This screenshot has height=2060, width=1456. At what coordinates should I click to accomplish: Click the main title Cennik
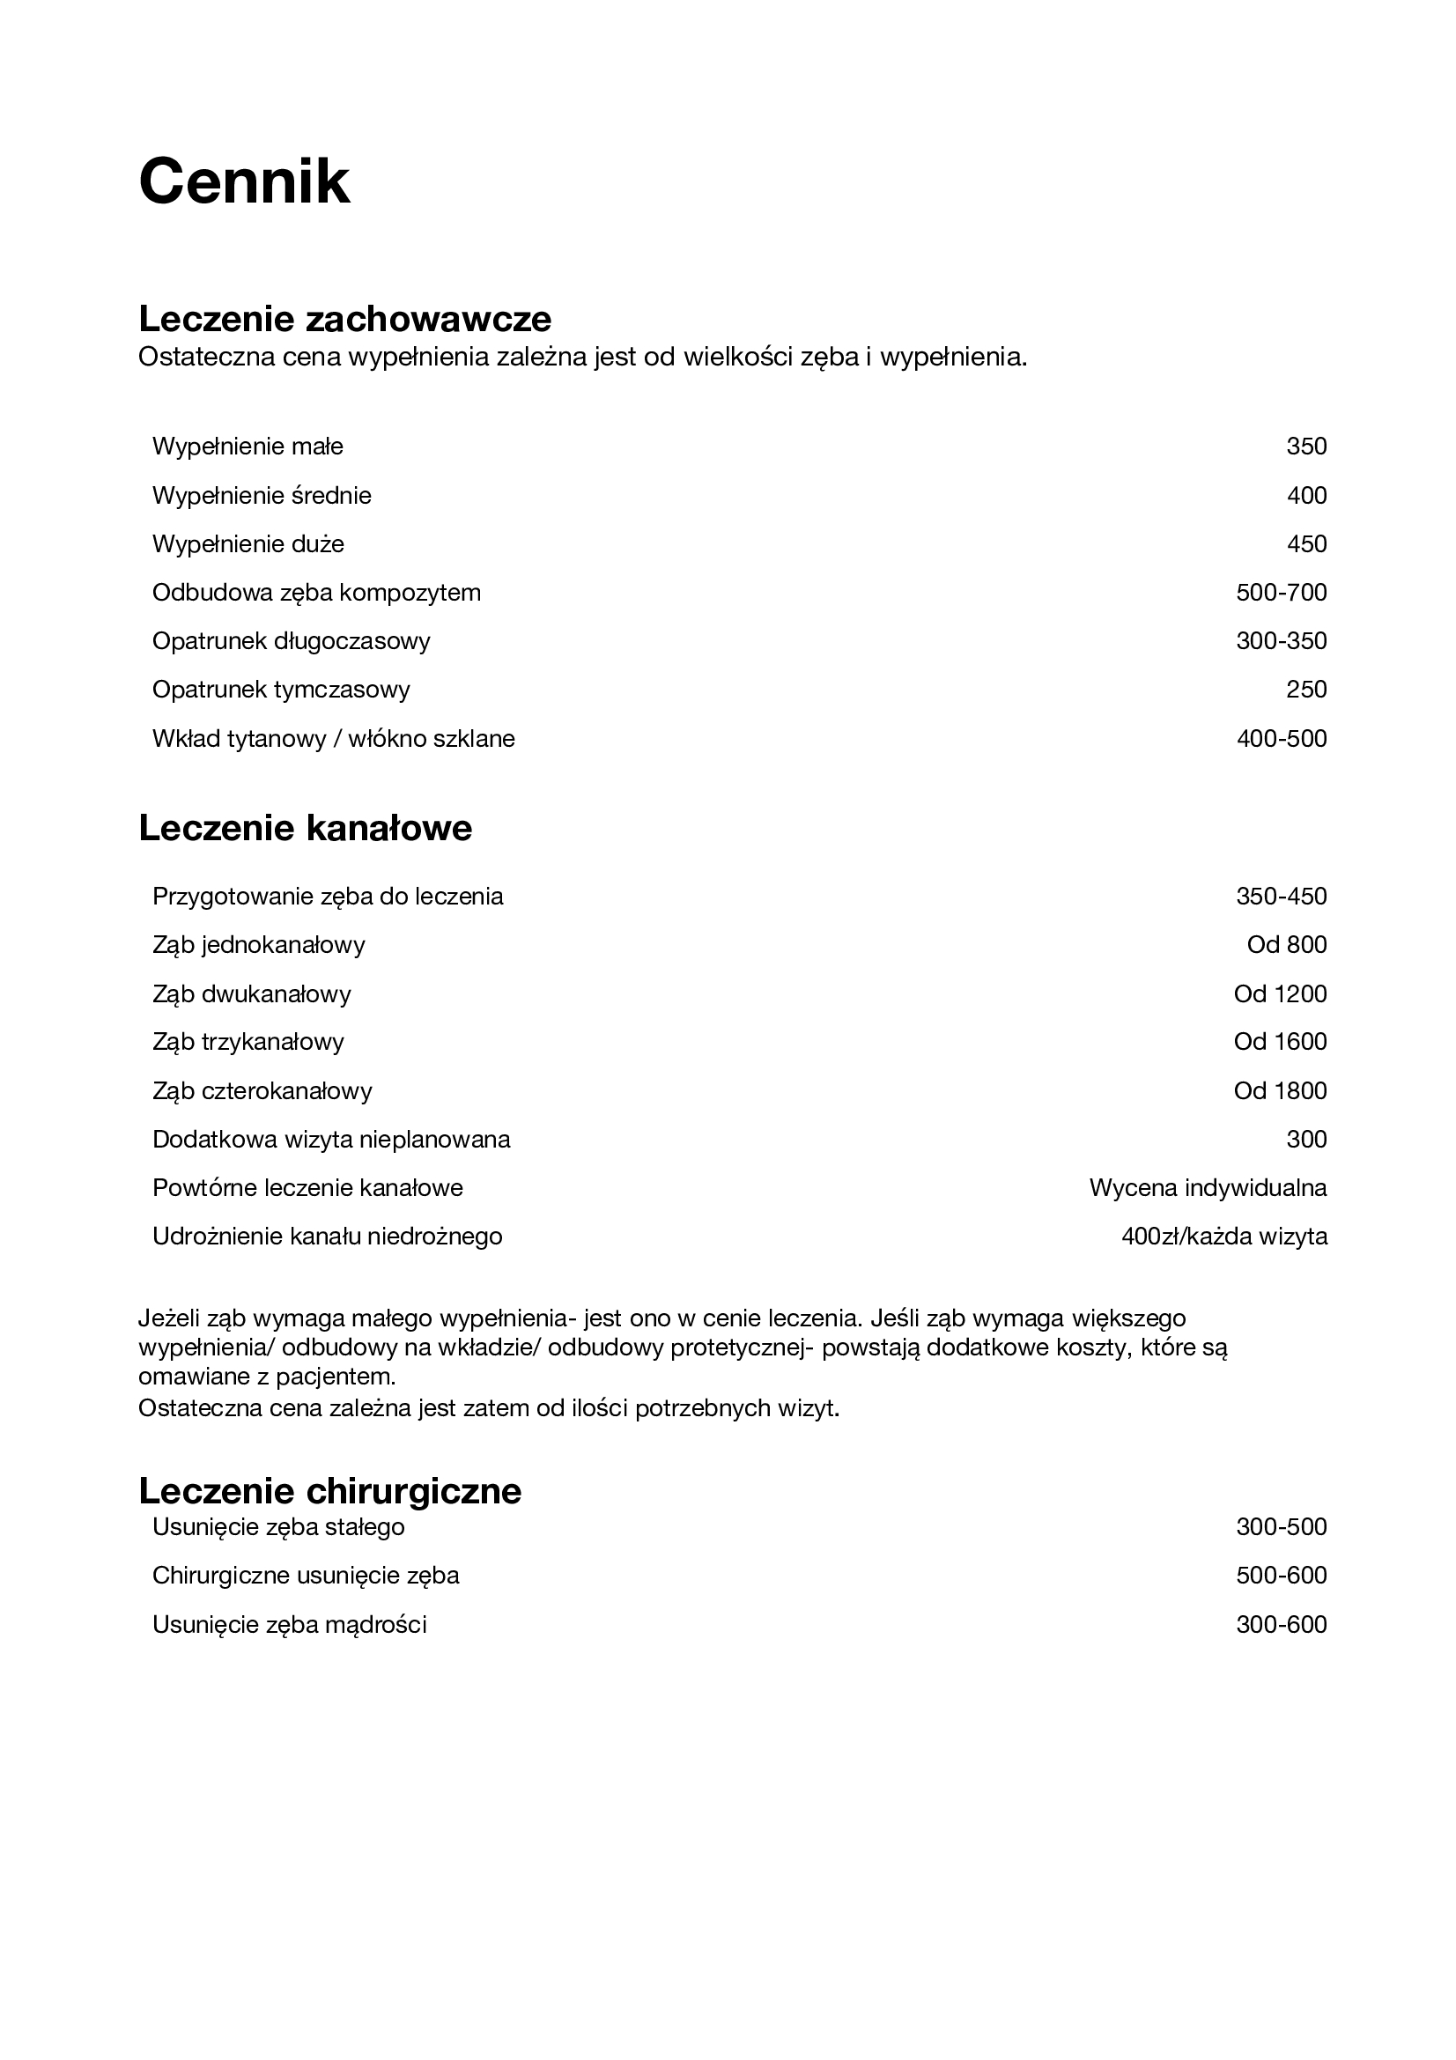244,182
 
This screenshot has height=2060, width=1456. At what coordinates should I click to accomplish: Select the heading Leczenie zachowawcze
344,319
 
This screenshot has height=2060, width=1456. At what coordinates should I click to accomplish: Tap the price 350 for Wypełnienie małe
1305,447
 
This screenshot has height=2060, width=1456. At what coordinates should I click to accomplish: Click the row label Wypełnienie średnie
261,495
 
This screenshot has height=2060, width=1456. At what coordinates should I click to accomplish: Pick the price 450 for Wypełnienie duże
1305,543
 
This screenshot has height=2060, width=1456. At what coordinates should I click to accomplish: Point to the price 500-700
1280,592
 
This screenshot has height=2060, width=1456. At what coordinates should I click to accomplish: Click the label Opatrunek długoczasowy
291,640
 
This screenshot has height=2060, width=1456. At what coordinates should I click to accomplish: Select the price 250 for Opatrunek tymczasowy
1305,689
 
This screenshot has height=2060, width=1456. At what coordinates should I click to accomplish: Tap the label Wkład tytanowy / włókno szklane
333,738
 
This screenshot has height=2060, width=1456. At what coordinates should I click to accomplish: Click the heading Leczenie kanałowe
305,827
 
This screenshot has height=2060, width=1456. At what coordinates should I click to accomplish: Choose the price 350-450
1280,897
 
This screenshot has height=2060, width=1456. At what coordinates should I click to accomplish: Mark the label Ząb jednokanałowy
258,945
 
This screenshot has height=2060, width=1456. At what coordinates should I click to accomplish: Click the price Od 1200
1279,993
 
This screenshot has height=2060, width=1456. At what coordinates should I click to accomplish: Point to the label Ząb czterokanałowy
262,1091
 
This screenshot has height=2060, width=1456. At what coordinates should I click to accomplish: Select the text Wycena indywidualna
1208,1188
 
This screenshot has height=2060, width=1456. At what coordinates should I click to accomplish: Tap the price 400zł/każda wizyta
1223,1237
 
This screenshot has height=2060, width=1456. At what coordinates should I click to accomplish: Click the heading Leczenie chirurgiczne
329,1490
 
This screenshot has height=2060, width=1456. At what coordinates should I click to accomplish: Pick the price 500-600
1280,1575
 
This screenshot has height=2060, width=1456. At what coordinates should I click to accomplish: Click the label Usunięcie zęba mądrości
289,1624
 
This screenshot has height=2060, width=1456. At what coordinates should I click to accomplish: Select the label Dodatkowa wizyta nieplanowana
331,1140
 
